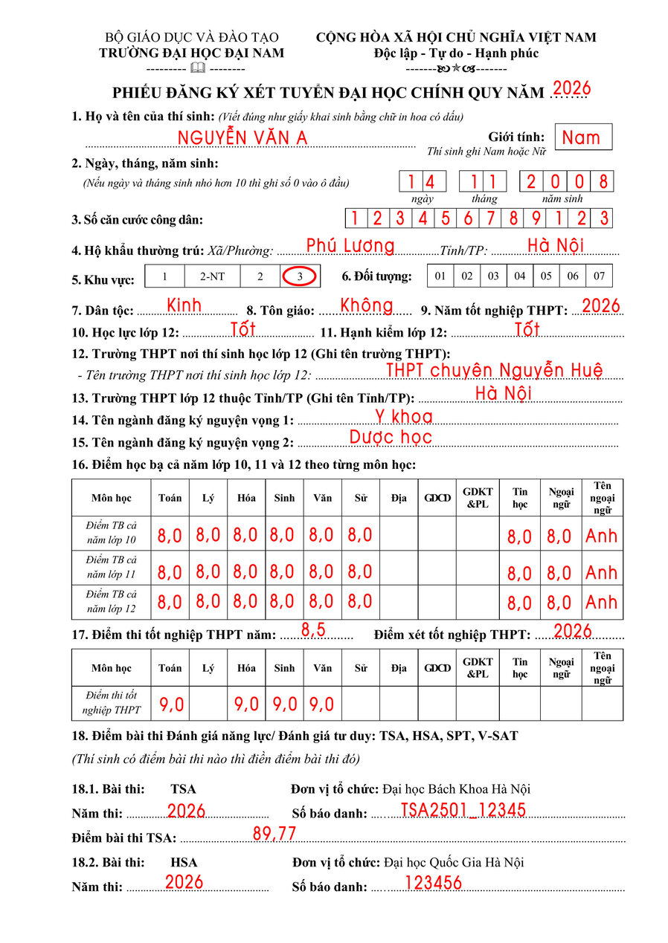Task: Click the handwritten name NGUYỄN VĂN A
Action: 242,138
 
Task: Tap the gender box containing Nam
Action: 582,137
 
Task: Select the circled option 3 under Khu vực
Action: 300,276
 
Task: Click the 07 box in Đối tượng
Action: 599,276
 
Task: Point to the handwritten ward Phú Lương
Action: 350,246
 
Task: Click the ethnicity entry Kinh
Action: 184,305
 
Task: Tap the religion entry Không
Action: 367,305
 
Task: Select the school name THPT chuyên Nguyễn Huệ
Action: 494,370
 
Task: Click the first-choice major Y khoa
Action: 403,417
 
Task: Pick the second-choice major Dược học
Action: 391,437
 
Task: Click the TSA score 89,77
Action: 274,835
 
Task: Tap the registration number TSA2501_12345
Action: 463,810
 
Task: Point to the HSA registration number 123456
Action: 433,883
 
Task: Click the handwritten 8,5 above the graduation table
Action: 313,630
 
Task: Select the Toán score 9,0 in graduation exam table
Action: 170,704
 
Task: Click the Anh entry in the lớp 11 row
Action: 601,572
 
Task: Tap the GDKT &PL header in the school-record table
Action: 478,498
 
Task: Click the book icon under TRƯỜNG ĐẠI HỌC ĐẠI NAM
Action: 197,68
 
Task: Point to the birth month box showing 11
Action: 482,181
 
